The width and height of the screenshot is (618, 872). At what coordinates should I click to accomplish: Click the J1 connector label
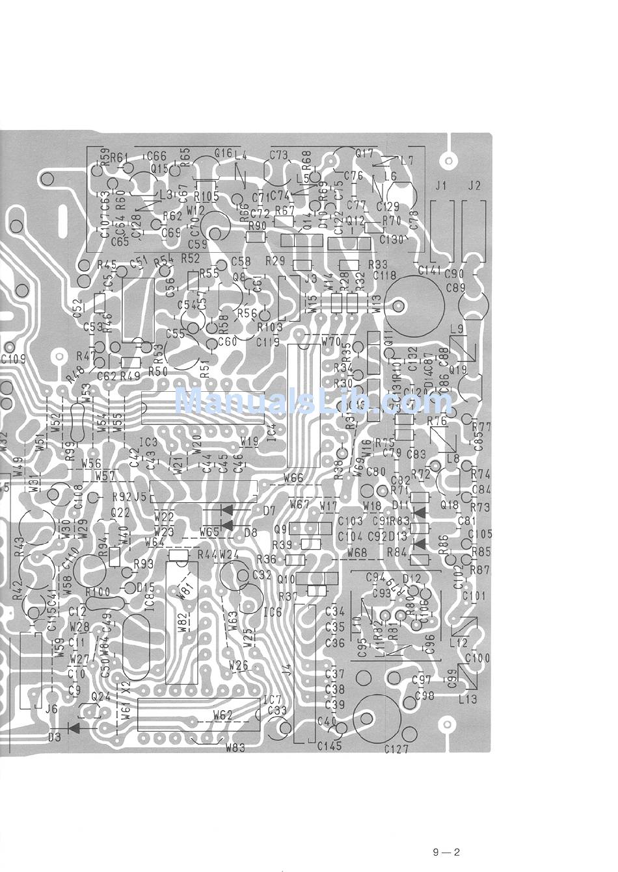click(441, 186)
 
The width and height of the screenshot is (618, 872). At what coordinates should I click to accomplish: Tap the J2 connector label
click(474, 186)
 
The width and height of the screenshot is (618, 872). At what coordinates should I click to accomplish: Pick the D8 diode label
click(250, 532)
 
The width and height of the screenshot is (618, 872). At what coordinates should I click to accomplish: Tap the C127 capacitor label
click(396, 749)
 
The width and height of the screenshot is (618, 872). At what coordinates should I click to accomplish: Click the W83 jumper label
click(235, 747)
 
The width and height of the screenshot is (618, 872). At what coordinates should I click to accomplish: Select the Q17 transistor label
click(365, 153)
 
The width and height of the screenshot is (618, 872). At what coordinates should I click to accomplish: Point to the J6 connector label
click(51, 710)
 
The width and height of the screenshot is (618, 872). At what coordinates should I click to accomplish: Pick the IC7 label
click(272, 700)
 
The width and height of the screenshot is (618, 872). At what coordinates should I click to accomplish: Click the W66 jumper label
click(293, 478)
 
